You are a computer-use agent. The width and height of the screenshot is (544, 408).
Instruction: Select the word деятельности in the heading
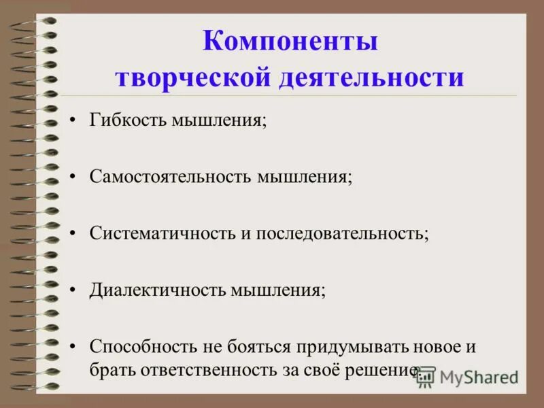371,77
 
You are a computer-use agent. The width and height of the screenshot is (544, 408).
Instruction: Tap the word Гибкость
129,120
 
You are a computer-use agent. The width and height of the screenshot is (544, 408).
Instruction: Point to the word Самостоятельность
171,177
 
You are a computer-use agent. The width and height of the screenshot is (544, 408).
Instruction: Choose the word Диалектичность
158,290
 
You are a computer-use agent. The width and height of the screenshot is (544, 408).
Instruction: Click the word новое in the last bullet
437,346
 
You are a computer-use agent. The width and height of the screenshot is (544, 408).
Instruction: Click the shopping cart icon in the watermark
426,378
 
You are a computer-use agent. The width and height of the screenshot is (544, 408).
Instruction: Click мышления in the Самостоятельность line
303,177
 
